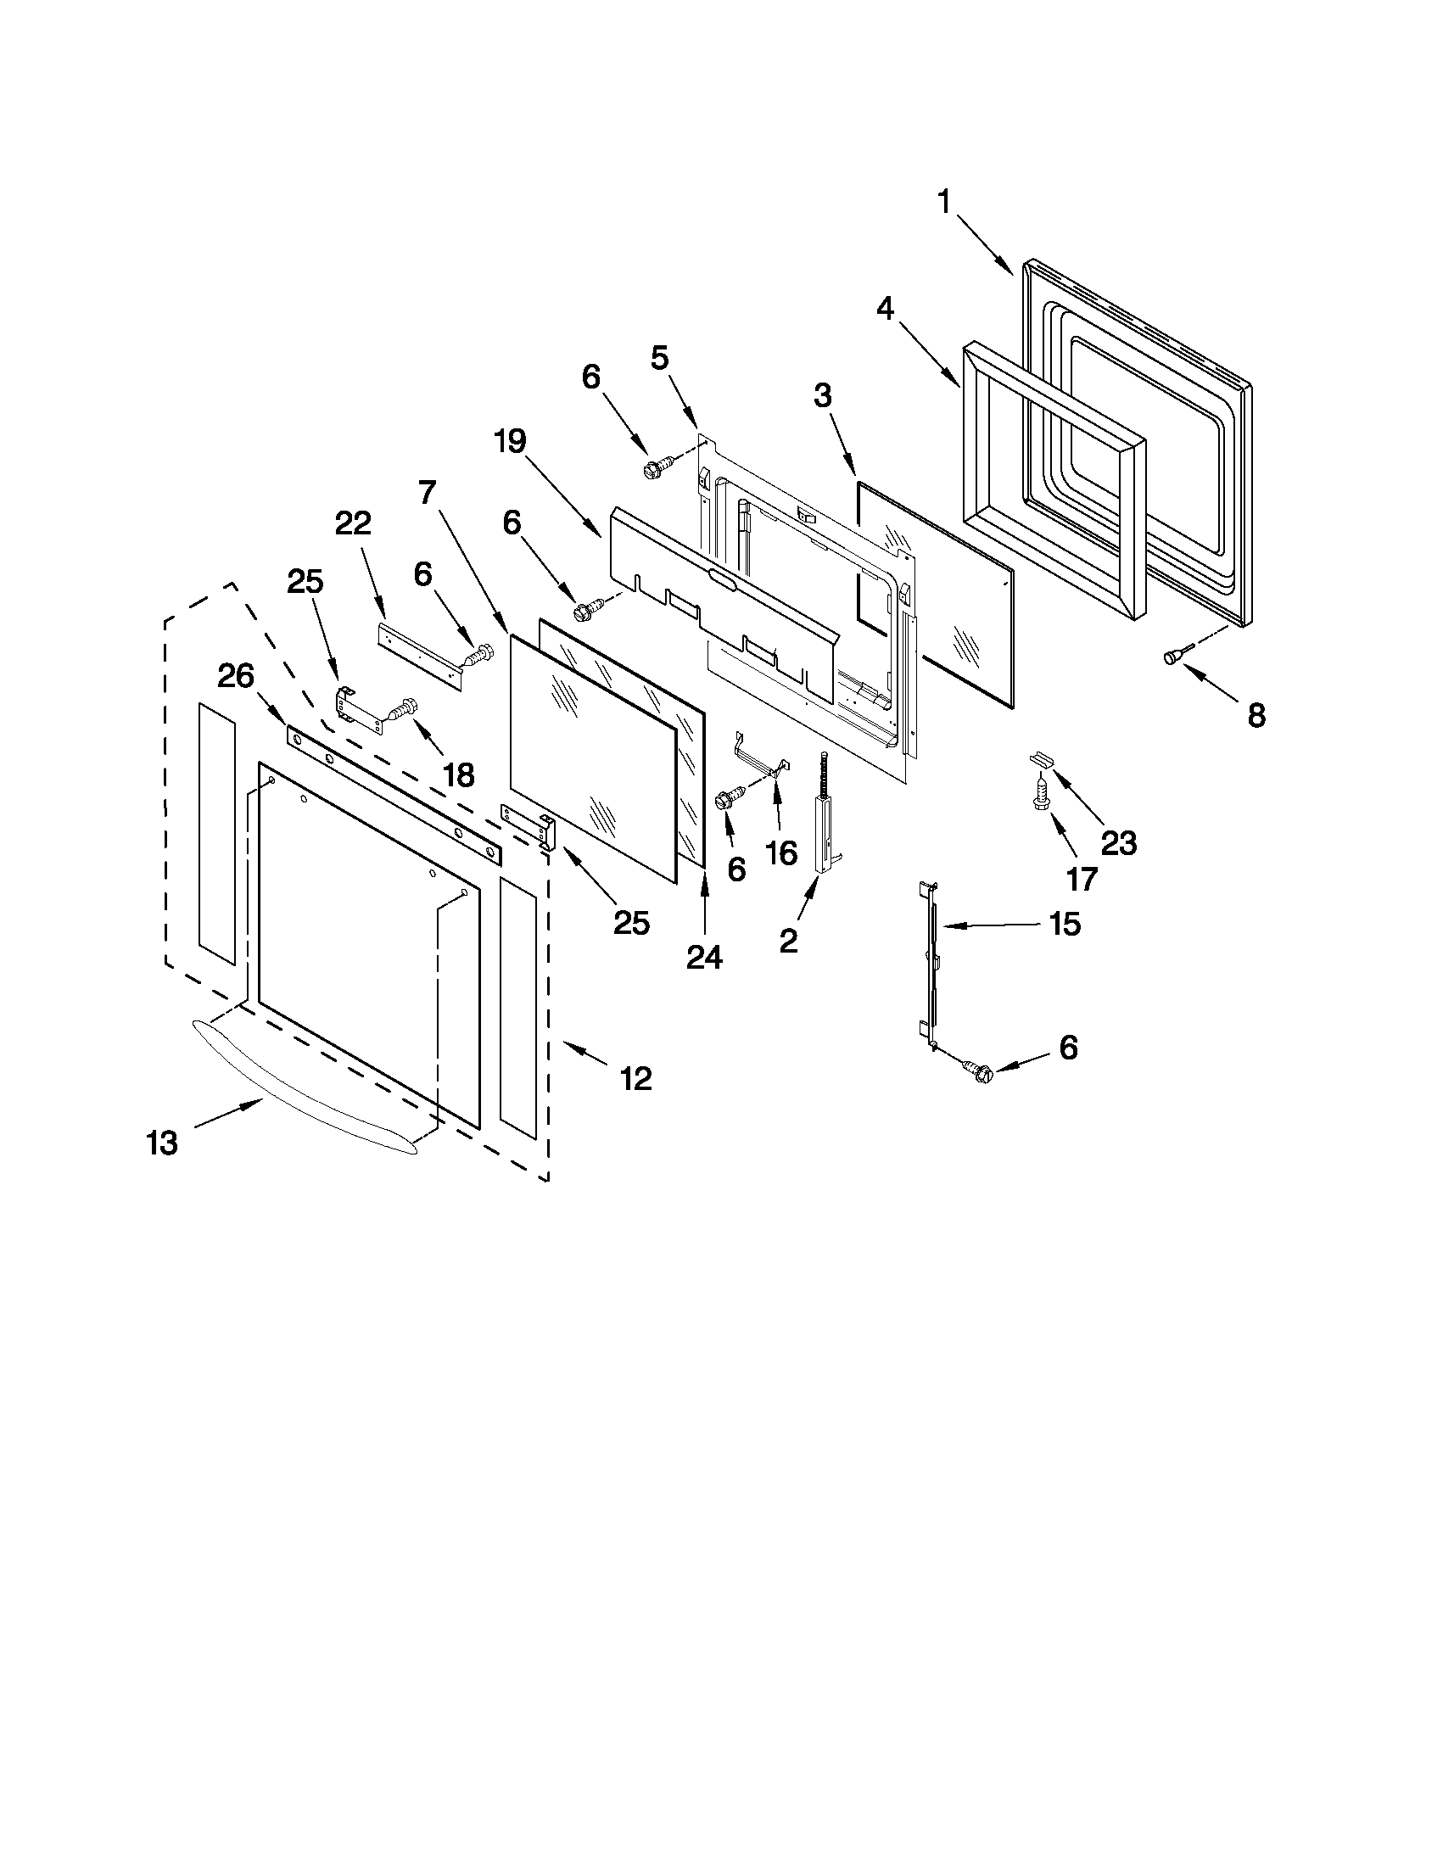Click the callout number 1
click(945, 204)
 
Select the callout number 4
click(886, 309)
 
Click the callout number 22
click(353, 523)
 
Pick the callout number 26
click(236, 677)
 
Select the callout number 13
click(162, 1143)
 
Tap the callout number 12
click(636, 1079)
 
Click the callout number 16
click(781, 852)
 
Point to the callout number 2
click(788, 942)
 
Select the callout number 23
click(1119, 844)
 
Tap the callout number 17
click(1082, 878)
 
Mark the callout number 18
click(458, 775)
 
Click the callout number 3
click(822, 396)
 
